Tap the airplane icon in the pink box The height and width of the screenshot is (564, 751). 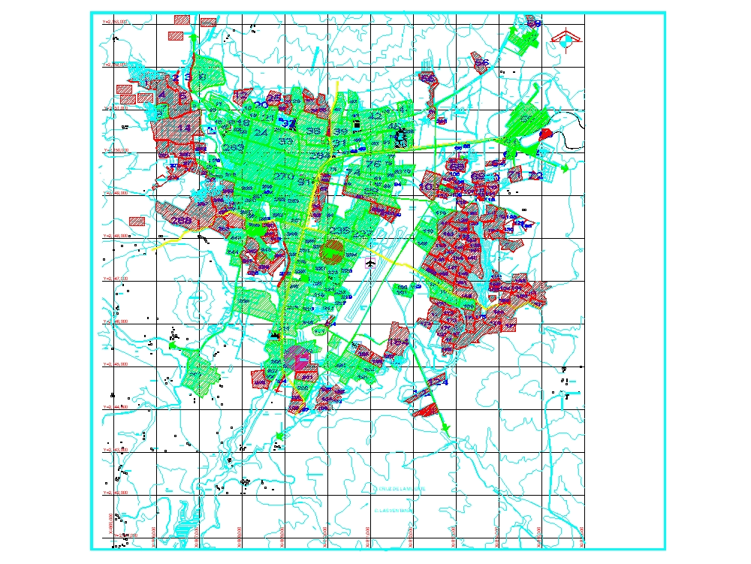tap(370, 263)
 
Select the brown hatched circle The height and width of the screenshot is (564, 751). tap(331, 251)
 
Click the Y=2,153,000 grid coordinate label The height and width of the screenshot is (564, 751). tap(115, 23)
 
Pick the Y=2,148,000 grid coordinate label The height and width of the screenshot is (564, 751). tap(115, 236)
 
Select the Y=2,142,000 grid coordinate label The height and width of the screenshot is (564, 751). tap(115, 493)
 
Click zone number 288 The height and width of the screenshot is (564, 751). tap(180, 221)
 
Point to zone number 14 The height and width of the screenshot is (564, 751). tap(183, 128)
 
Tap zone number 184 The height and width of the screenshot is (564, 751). tap(400, 342)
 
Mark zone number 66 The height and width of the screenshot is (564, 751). tap(482, 63)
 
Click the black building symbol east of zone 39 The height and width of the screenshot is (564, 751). tap(402, 137)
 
